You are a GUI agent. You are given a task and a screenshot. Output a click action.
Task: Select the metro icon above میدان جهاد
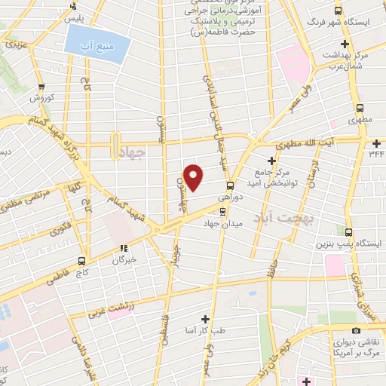[x=221, y=211]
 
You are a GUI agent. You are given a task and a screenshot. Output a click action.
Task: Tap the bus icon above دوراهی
[x=230, y=185]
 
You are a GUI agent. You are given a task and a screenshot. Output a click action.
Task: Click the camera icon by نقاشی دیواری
[x=354, y=330]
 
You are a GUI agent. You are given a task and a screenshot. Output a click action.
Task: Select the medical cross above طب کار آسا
[x=204, y=318]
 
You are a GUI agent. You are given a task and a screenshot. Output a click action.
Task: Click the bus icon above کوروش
[x=41, y=86]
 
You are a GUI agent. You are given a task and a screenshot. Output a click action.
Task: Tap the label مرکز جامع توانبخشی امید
[x=290, y=175]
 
